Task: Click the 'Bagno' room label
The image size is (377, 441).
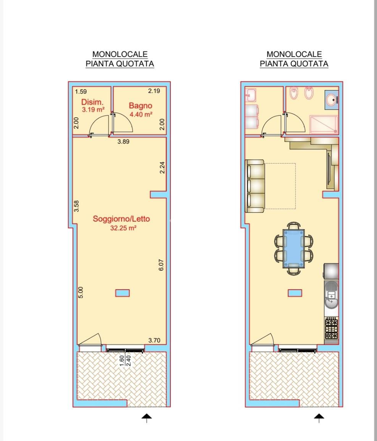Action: (x=141, y=105)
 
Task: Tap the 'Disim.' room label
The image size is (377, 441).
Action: (x=92, y=102)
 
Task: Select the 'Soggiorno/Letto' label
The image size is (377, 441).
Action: (x=121, y=219)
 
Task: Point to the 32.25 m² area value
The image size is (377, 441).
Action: (x=123, y=228)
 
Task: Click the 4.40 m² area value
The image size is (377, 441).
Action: (x=141, y=114)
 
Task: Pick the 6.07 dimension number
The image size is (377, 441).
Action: (x=161, y=265)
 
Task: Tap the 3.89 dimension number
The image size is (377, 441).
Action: (x=123, y=141)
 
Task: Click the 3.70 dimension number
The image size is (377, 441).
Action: (x=154, y=340)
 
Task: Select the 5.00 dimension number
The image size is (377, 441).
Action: (x=81, y=292)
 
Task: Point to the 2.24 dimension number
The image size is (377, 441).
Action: (x=162, y=168)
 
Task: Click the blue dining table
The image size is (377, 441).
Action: (x=293, y=248)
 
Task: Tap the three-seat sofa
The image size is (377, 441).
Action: (x=255, y=186)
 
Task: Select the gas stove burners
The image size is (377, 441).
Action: (x=332, y=328)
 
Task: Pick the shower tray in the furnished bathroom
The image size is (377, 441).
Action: (x=324, y=124)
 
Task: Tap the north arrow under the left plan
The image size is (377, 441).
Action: (x=146, y=418)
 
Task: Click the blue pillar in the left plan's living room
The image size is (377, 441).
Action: (x=123, y=293)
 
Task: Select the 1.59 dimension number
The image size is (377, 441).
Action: (x=81, y=91)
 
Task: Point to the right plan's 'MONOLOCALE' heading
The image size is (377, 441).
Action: (x=294, y=54)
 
